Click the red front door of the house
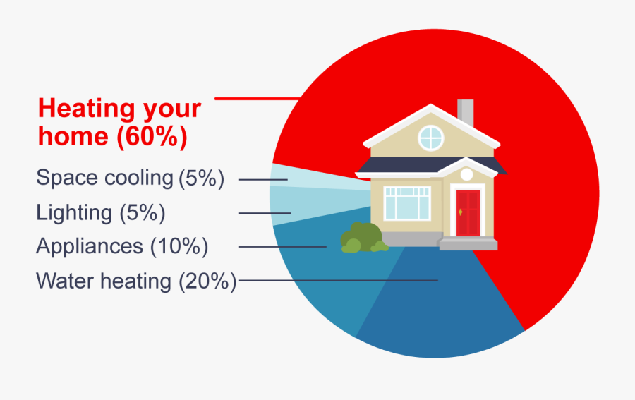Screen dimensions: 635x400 coord(468,212)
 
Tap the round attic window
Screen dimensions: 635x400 coord(431,138)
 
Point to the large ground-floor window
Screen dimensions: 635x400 coord(407,203)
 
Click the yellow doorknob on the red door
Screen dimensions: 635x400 coord(461,212)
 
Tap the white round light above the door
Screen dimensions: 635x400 coord(466,174)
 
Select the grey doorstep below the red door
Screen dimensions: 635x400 coord(468,243)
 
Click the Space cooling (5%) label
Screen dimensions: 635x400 coord(130,178)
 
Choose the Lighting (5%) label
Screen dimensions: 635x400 coord(101,212)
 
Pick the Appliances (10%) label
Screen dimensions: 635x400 coord(122,246)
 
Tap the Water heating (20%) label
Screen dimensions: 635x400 coord(136,281)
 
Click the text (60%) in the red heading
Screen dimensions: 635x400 coord(152,136)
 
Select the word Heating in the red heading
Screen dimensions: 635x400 coord(86,108)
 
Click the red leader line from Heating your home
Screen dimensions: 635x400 coord(258,98)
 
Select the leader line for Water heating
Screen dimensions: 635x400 coord(339,280)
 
